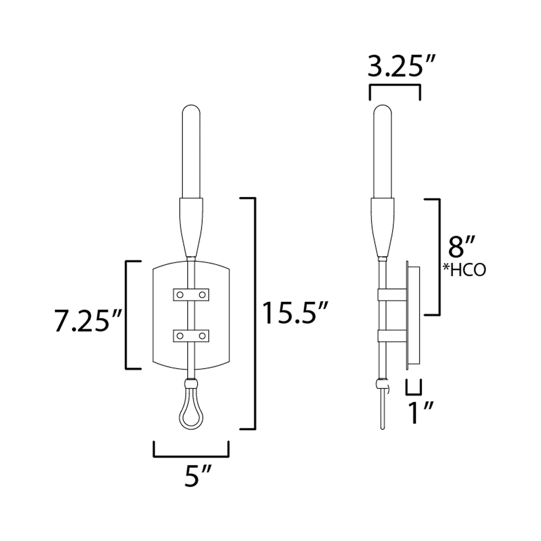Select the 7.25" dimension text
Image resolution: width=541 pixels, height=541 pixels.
coord(87,321)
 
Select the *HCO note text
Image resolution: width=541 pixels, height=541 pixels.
coord(464,270)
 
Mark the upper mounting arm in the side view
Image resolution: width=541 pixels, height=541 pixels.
coord(393,295)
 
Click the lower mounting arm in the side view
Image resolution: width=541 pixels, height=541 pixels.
coord(393,336)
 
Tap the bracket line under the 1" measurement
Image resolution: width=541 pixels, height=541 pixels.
coord(414,393)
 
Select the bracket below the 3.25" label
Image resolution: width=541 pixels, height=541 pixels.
coord(395,87)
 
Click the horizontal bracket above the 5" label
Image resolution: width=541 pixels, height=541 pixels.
coord(191,456)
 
